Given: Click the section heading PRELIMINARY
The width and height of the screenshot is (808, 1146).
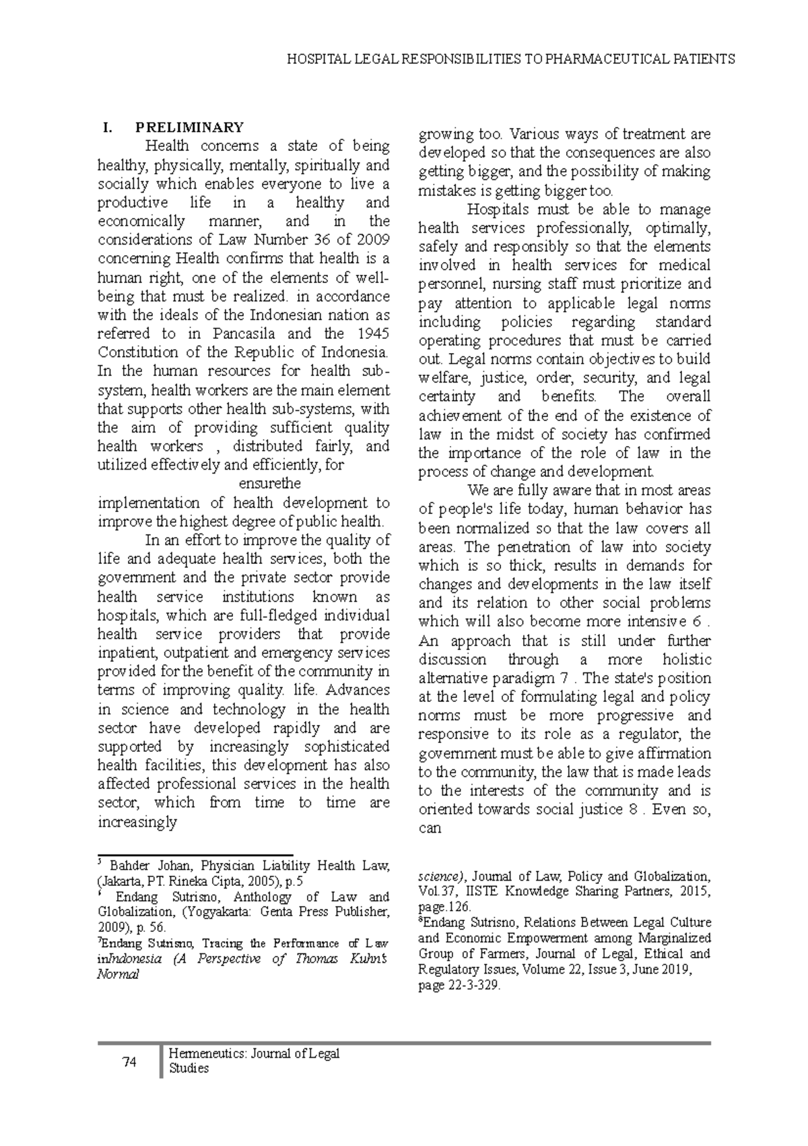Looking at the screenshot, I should point(189,127).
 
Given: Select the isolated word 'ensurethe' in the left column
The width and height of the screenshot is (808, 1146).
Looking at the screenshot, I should point(270,484).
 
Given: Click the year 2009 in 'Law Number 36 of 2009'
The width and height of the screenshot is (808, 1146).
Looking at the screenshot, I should point(374,240).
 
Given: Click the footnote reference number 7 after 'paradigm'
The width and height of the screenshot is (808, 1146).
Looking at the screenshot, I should point(564,678).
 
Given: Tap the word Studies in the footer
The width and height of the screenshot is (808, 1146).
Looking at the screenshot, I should point(189,1069).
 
